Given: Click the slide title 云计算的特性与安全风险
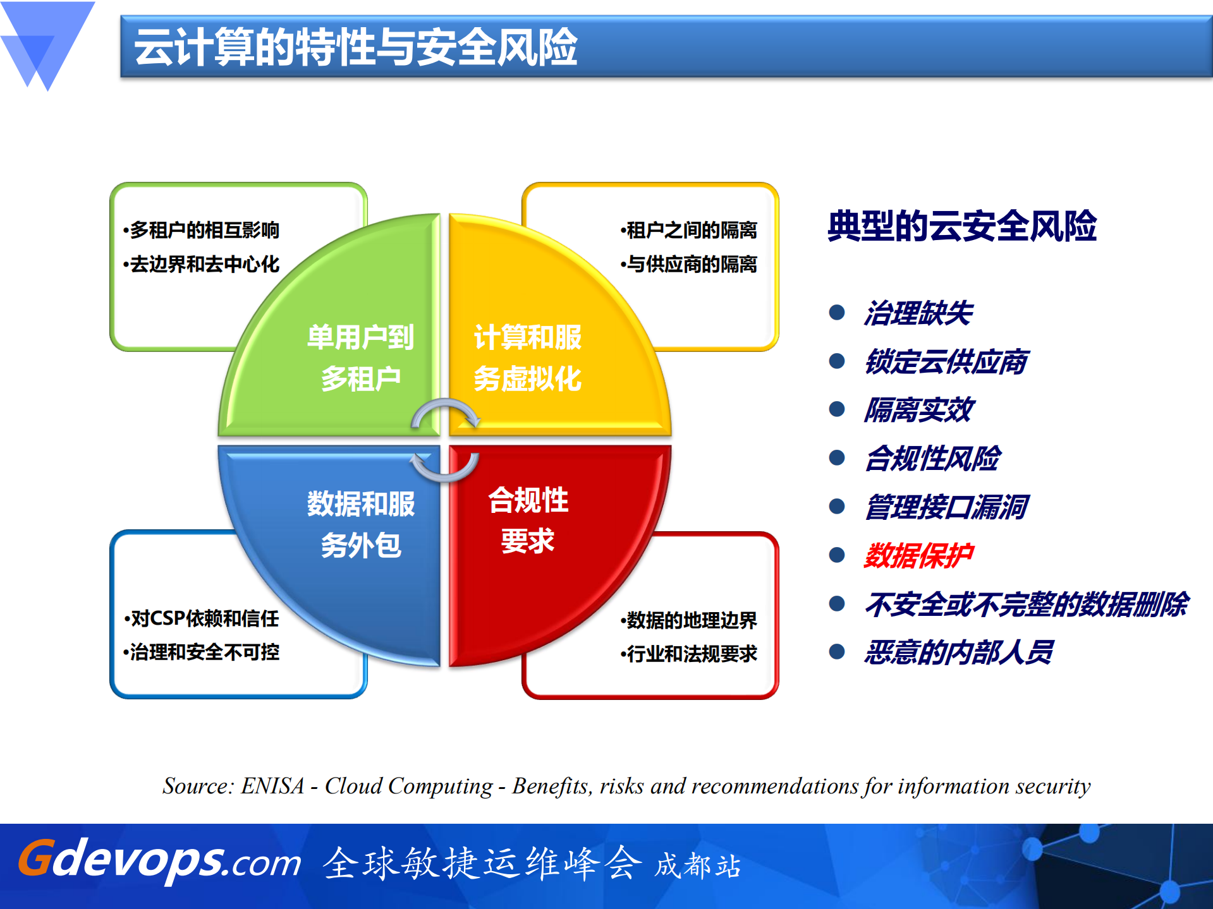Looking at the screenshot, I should pyautogui.click(x=355, y=47).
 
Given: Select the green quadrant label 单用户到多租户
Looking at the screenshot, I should pyautogui.click(x=360, y=358).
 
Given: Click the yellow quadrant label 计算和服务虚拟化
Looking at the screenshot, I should pyautogui.click(x=527, y=358).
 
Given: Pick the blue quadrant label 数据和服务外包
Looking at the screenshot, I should pyautogui.click(x=360, y=524).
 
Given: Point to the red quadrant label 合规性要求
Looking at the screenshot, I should pyautogui.click(x=527, y=521).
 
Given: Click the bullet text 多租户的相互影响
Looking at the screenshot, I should pyautogui.click(x=202, y=230).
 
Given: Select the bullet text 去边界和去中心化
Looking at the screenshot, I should pyautogui.click(x=202, y=264).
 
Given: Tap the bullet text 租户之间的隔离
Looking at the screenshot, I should pyautogui.click(x=689, y=230).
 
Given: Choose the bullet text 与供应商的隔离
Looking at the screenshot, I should pyautogui.click(x=689, y=264).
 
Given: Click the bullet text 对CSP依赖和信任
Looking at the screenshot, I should pyautogui.click(x=202, y=618).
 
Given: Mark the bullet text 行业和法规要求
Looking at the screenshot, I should pyautogui.click(x=689, y=653).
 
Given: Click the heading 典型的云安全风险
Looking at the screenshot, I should pyautogui.click(x=961, y=226).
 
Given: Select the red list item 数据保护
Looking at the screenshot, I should pyautogui.click(x=918, y=556).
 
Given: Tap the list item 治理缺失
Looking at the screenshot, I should pyautogui.click(x=918, y=313).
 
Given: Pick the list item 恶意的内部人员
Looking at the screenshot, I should pyautogui.click(x=958, y=653).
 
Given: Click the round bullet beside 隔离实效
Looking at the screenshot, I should pyautogui.click(x=837, y=409).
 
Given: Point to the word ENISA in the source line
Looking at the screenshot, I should pyautogui.click(x=272, y=786).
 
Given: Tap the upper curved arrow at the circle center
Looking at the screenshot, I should pyautogui.click(x=446, y=411).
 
